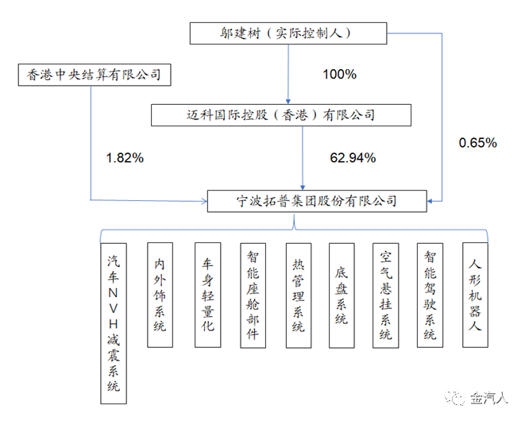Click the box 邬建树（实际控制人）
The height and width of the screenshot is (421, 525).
click(x=288, y=33)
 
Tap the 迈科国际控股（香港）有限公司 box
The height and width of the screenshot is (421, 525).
click(x=281, y=115)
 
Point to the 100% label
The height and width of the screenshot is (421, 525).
click(x=339, y=75)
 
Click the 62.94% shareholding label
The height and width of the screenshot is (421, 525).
click(x=353, y=157)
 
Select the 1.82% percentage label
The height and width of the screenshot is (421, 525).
click(x=125, y=157)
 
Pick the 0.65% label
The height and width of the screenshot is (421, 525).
click(x=478, y=143)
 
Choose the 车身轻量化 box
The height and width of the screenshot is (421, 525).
click(x=204, y=295)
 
